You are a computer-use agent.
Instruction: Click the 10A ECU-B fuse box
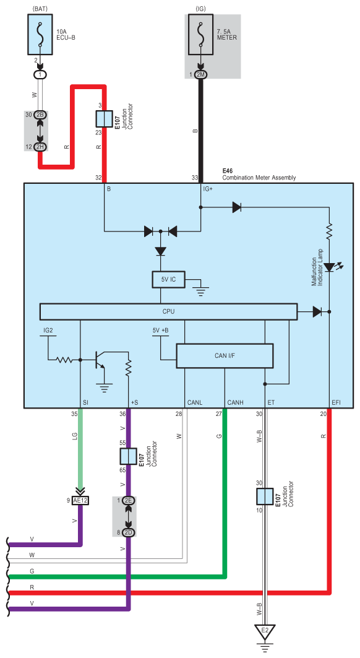coord(40,34)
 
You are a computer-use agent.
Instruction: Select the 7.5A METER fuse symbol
coord(200,34)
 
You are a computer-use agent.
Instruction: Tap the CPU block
coord(168,311)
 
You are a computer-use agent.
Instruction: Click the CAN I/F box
coord(225,357)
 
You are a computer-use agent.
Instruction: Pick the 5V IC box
coord(168,280)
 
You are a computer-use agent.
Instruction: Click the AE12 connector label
coord(80,500)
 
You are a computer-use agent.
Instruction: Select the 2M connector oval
coord(200,74)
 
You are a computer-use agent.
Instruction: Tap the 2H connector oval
coord(41,147)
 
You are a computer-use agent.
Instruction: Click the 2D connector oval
coord(129,532)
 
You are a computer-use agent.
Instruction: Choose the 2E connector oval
coord(129,500)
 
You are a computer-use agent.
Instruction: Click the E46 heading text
coord(227,171)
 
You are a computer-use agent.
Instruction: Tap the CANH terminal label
coord(235,402)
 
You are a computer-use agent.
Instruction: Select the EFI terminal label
coord(336,402)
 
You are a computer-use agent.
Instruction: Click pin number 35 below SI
coord(74,414)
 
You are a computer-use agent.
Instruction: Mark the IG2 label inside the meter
coord(48,331)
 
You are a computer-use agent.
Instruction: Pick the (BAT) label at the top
coord(40,7)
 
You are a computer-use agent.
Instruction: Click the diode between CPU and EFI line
coord(317,311)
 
